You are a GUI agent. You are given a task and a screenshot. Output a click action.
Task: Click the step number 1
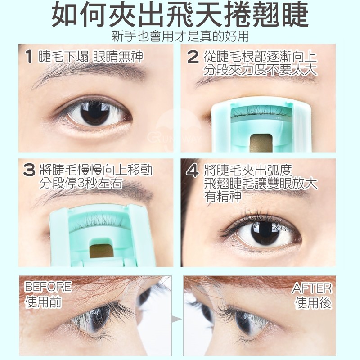(29, 57)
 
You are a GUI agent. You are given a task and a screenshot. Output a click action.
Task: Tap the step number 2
(193, 57)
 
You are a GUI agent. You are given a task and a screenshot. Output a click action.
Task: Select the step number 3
(29, 171)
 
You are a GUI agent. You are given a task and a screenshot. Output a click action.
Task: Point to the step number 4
(193, 171)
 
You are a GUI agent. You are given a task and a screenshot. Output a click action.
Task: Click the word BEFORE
(48, 287)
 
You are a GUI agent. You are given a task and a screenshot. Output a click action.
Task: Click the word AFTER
(312, 288)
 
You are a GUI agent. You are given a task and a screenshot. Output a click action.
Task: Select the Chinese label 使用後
(314, 303)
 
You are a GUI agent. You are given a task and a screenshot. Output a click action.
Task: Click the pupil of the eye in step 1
(95, 113)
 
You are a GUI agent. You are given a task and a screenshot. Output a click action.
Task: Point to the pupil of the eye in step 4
(265, 234)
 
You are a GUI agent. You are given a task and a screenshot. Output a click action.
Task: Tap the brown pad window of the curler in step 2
(261, 143)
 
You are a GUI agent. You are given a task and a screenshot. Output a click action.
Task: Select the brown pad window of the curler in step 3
(102, 251)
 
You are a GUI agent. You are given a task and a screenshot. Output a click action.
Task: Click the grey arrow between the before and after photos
(177, 319)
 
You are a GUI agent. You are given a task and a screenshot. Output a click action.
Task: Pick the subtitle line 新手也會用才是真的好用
(180, 36)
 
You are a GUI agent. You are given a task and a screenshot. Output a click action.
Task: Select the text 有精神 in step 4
(223, 196)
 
